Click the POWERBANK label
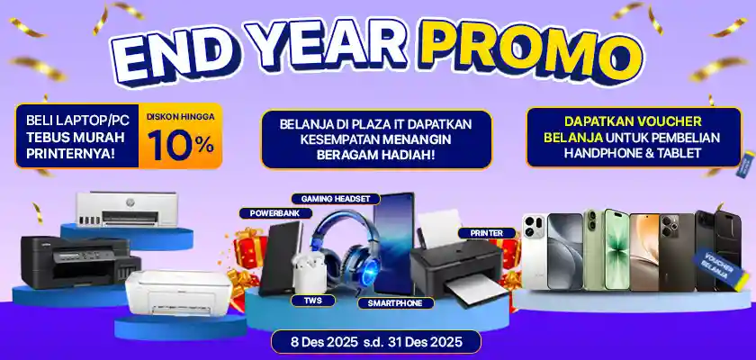point(275,213)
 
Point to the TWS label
point(312,300)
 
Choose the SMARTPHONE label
point(395,303)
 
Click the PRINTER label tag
point(486,233)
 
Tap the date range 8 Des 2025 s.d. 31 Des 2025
point(376,342)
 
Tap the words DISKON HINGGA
point(180,116)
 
